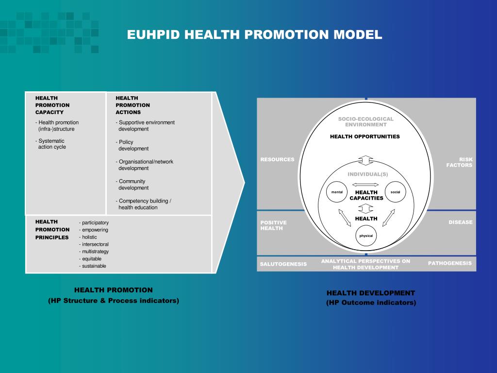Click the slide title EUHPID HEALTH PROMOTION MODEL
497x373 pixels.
[x=254, y=35]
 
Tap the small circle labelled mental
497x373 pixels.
[x=337, y=192]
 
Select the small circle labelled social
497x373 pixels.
[x=395, y=192]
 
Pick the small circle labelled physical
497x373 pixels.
[x=366, y=236]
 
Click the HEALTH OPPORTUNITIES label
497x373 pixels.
[x=365, y=136]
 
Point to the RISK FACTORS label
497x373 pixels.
[x=459, y=162]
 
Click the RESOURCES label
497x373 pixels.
[x=277, y=159]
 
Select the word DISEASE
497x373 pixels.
[x=460, y=222]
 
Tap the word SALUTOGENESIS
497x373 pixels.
[x=283, y=264]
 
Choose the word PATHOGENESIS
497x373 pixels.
[x=449, y=263]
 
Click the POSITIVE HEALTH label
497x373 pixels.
[x=274, y=225]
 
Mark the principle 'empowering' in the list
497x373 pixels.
[x=95, y=230]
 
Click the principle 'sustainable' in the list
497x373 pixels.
[x=94, y=266]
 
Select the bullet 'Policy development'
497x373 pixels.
[x=133, y=145]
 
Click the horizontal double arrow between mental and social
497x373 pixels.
[x=366, y=185]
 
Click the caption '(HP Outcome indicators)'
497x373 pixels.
[x=371, y=303]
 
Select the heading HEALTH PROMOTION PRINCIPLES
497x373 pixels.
[x=52, y=229]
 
